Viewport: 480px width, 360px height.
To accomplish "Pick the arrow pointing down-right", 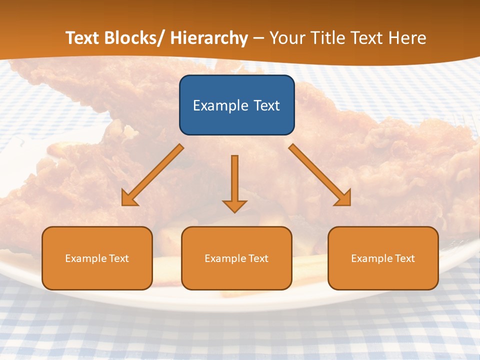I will click(x=320, y=175).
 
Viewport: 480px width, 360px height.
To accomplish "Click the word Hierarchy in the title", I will click(x=209, y=38).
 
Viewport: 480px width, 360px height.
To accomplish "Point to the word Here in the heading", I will click(x=407, y=38).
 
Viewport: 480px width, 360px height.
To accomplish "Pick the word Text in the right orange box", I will click(x=404, y=258).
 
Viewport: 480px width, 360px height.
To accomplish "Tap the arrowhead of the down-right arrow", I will click(x=343, y=198).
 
